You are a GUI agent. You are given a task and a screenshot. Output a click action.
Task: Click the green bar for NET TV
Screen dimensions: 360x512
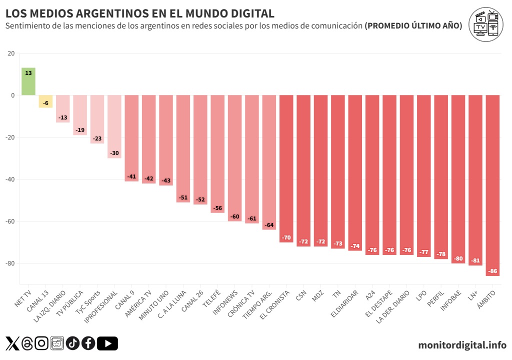coord(28,81)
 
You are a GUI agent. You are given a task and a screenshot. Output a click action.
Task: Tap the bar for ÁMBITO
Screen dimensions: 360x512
coord(492,185)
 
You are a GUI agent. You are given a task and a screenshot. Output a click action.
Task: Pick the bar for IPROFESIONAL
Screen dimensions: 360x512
coord(114,126)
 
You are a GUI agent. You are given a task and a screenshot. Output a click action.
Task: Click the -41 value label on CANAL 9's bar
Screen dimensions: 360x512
coord(131,176)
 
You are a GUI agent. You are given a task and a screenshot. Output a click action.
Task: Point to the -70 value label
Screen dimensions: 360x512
coord(286,237)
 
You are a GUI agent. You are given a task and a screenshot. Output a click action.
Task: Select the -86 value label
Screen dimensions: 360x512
coord(492,271)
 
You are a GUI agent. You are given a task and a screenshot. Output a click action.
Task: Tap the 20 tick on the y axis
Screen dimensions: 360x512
coord(11,53)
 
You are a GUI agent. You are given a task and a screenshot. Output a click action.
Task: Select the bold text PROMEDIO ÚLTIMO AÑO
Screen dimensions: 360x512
coord(413,26)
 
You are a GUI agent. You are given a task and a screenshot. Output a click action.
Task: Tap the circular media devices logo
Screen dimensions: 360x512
coord(485,25)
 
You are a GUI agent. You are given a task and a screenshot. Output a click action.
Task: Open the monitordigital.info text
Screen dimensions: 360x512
coord(462,345)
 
